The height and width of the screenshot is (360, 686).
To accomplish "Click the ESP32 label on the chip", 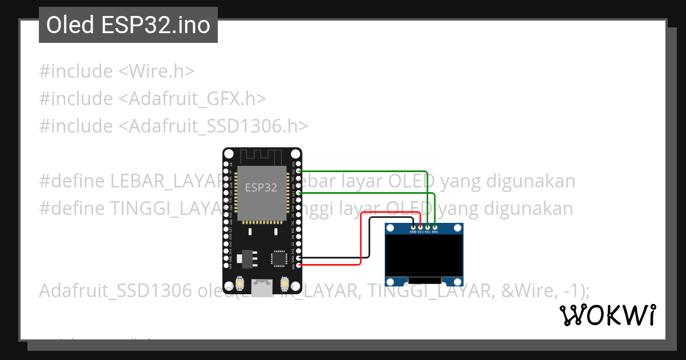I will pyautogui.click(x=261, y=187).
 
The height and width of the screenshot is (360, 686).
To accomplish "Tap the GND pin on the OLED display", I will pyautogui.click(x=413, y=227).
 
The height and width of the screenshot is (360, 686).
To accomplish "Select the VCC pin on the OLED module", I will pyautogui.click(x=420, y=227).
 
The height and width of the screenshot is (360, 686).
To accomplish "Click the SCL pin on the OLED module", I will pyautogui.click(x=428, y=227).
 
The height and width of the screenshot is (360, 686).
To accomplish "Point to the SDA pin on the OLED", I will pyautogui.click(x=435, y=227).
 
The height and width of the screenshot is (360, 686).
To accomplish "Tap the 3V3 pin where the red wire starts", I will pyautogui.click(x=297, y=265).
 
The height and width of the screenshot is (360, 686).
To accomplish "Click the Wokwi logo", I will pyautogui.click(x=607, y=315).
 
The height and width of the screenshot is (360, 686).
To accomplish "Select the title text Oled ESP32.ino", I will pyautogui.click(x=128, y=25).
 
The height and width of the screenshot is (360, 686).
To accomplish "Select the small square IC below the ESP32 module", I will pyautogui.click(x=279, y=258).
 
